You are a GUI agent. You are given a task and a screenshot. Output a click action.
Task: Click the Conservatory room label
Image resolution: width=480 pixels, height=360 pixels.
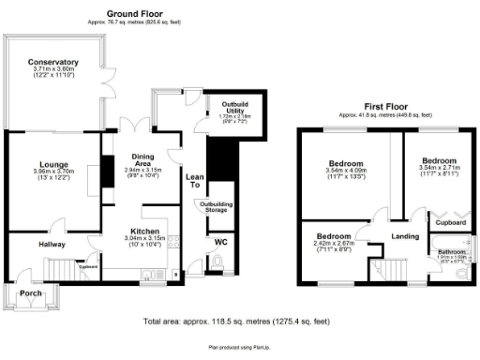coord(53,62)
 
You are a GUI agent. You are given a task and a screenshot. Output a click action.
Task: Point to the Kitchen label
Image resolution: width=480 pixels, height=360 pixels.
coord(144,231)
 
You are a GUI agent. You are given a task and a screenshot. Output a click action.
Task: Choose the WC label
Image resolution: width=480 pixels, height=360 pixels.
coord(220,242)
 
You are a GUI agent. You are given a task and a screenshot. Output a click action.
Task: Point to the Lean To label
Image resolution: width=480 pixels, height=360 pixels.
coord(195,181)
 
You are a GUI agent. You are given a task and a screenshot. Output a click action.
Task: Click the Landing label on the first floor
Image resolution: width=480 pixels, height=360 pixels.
coord(404,235)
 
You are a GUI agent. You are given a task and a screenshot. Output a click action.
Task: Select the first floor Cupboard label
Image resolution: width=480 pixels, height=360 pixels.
coord(451,223)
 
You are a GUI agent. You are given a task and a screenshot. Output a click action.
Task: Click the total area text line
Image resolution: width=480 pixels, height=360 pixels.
coord(239,321)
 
